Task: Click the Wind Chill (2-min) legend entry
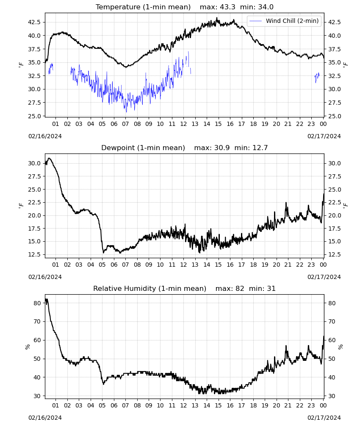(284, 21)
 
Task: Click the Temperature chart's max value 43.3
(227, 7)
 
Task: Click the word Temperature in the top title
(118, 7)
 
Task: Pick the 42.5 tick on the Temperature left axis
(34, 22)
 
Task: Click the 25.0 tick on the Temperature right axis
(334, 116)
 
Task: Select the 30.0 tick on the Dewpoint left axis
(34, 163)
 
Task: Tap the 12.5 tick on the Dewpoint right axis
(334, 255)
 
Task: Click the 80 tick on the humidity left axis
(37, 304)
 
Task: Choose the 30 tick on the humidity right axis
(332, 396)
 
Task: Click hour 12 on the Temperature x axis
(183, 124)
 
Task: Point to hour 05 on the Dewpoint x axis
(102, 265)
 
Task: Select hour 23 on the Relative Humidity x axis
(311, 406)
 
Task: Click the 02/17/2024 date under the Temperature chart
(324, 136)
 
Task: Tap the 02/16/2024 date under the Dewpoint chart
(45, 277)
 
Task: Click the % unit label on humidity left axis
(27, 347)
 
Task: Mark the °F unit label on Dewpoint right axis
(346, 206)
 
